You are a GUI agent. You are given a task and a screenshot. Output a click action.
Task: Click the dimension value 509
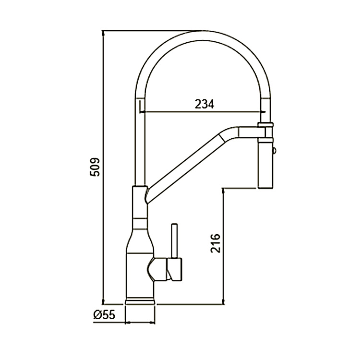[96, 167]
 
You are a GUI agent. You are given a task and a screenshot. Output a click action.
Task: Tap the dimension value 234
[204, 104]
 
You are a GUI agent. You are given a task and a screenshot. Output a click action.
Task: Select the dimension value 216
[215, 243]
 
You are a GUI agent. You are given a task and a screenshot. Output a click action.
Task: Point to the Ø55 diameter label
[104, 315]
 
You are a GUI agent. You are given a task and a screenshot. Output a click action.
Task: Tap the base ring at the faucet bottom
[140, 301]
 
